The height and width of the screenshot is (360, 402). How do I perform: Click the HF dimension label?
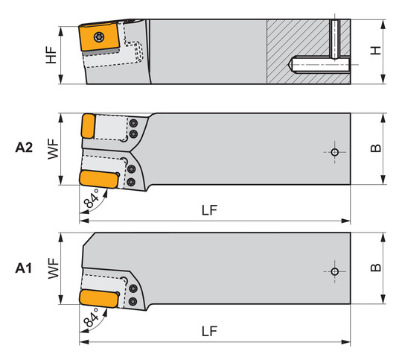[51, 55]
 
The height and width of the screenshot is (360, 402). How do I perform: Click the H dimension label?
[376, 51]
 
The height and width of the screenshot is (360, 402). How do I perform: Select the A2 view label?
[24, 148]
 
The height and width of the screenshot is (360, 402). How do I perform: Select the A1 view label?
[23, 268]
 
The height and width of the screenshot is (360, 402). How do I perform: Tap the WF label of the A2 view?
[54, 149]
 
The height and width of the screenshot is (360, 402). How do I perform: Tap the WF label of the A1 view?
[54, 268]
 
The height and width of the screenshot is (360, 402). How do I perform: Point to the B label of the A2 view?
[376, 148]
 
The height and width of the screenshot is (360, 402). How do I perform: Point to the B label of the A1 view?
[376, 268]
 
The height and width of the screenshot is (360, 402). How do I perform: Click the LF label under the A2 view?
[209, 210]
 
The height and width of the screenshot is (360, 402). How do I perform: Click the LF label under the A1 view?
[209, 331]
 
